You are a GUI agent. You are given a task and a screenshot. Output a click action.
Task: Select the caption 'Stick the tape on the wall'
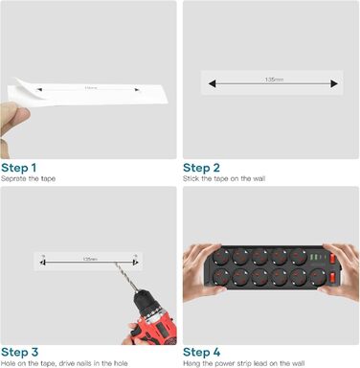224,178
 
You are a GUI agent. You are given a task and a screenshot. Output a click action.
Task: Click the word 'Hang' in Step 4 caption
191,363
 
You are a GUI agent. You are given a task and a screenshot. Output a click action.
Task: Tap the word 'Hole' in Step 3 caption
9,363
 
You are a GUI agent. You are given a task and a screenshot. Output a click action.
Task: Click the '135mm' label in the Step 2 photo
275,79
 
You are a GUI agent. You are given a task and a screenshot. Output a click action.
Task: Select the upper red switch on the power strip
333,257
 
